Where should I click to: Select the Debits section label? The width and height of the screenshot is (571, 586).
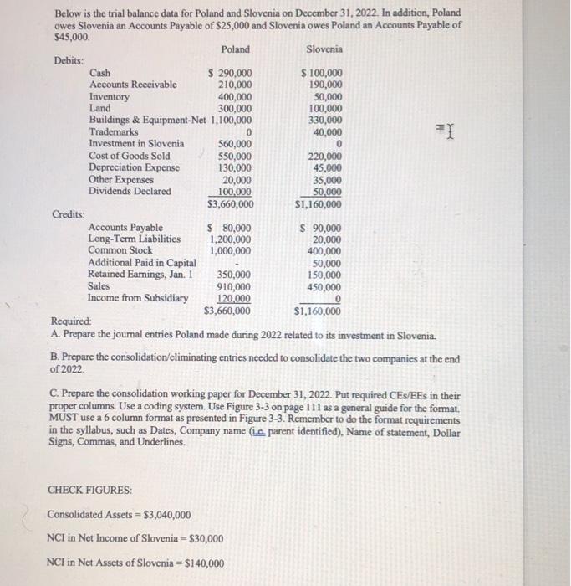click(69, 61)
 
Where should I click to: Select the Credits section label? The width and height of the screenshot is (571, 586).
click(69, 214)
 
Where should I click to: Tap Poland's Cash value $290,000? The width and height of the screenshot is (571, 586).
click(230, 74)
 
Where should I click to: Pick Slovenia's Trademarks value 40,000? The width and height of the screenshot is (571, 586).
click(325, 132)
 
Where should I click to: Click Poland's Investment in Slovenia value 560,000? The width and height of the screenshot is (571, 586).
click(236, 144)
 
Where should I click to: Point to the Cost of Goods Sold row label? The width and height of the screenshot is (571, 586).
click(130, 156)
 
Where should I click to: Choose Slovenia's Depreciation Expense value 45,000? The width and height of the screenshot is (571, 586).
click(325, 167)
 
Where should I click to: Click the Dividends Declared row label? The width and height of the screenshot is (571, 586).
click(130, 191)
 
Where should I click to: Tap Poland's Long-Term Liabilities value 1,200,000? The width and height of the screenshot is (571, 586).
click(232, 239)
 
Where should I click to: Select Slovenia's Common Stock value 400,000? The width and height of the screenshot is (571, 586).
click(323, 250)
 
